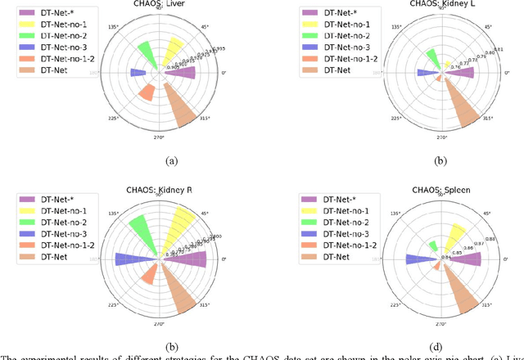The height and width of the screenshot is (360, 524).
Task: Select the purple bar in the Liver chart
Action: (x=185, y=73)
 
